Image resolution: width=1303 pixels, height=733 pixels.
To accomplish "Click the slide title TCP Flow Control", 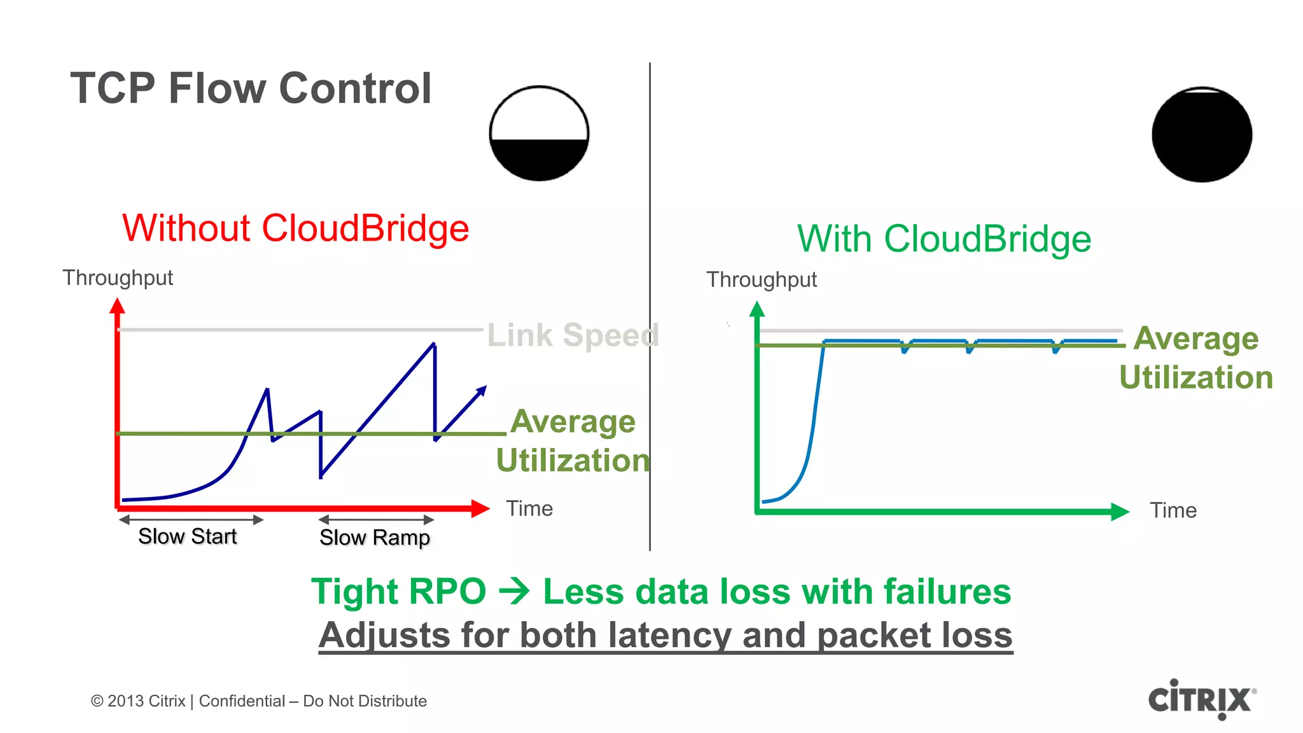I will tap(251, 88).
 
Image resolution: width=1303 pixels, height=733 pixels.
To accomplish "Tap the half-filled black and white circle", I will tap(539, 134).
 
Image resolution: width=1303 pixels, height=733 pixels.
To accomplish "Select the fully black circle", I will tap(1202, 135).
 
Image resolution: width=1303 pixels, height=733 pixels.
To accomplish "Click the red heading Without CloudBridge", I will tap(295, 228).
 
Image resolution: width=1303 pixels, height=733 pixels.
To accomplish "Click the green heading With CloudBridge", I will tap(944, 239).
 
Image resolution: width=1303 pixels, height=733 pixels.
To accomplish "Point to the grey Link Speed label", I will tap(573, 335).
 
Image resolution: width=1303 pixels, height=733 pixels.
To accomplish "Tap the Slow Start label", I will tap(187, 536).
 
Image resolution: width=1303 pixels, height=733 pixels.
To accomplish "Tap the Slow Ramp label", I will tap(374, 538).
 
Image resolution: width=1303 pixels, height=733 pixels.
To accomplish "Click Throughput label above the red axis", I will tap(118, 278).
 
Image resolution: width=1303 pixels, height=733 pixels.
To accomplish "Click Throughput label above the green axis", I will tap(762, 280).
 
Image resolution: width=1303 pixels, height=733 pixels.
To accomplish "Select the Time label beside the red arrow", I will tap(529, 509).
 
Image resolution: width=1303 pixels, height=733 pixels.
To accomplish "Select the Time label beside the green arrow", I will tap(1173, 511).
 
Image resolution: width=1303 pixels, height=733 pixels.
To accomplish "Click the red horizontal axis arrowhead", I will tap(480, 508).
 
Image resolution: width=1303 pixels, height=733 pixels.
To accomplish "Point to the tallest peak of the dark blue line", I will tap(434, 345).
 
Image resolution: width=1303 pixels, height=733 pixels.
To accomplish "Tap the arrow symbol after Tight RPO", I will tap(514, 592).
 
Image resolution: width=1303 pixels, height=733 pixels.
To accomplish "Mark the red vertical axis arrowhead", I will tap(117, 307).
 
